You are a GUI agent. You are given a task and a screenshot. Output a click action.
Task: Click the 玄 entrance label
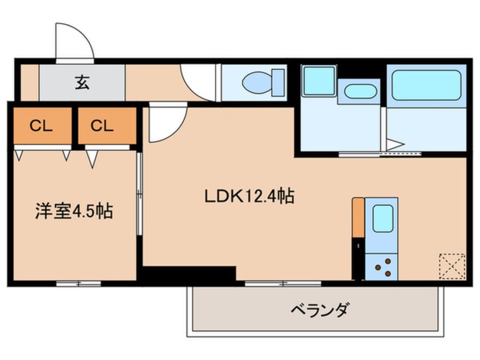pos(82,83)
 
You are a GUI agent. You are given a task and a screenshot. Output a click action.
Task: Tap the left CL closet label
pos(41,126)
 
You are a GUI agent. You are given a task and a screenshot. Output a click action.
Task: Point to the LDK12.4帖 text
pos(249,196)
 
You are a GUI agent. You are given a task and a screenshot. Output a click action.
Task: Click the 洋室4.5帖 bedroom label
pos(73,211)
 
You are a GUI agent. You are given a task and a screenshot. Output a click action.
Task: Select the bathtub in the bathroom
pos(426,85)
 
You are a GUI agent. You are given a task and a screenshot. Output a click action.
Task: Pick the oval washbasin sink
pos(360,91)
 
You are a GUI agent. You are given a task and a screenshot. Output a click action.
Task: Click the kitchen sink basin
pos(383,218)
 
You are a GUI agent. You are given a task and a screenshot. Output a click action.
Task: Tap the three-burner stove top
pos(382,266)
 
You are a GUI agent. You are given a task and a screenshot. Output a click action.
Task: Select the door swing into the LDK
pos(166,124)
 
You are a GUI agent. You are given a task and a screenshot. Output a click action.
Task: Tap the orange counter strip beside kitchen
pos(358,217)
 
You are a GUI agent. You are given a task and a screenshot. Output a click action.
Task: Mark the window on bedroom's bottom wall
pos(78,283)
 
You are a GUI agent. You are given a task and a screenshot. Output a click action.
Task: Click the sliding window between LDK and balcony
pos(283,283)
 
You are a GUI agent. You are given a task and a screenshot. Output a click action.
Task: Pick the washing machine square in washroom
pos(318,81)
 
